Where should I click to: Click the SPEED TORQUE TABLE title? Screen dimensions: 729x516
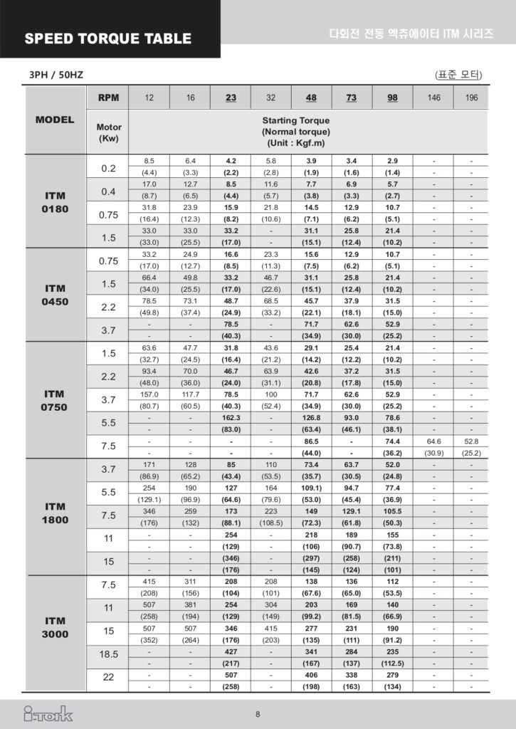click(108, 38)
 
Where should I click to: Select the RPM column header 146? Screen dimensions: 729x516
click(433, 98)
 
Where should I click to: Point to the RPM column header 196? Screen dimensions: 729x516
click(472, 98)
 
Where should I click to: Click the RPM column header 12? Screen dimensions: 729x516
click(149, 98)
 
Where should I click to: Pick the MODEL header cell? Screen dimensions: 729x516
click(55, 120)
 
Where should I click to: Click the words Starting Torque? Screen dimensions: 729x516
click(295, 121)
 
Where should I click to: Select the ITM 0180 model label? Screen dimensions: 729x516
click(56, 202)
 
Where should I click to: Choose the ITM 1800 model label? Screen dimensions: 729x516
click(56, 513)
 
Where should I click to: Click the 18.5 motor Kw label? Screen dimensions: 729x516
click(108, 654)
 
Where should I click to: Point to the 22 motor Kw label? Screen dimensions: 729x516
click(108, 677)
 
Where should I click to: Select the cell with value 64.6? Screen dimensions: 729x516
click(433, 441)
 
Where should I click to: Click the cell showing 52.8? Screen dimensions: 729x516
click(472, 441)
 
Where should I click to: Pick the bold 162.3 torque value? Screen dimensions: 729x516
click(231, 418)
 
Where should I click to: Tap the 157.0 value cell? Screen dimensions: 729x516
click(149, 394)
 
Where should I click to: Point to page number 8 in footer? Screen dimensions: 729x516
click(258, 714)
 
